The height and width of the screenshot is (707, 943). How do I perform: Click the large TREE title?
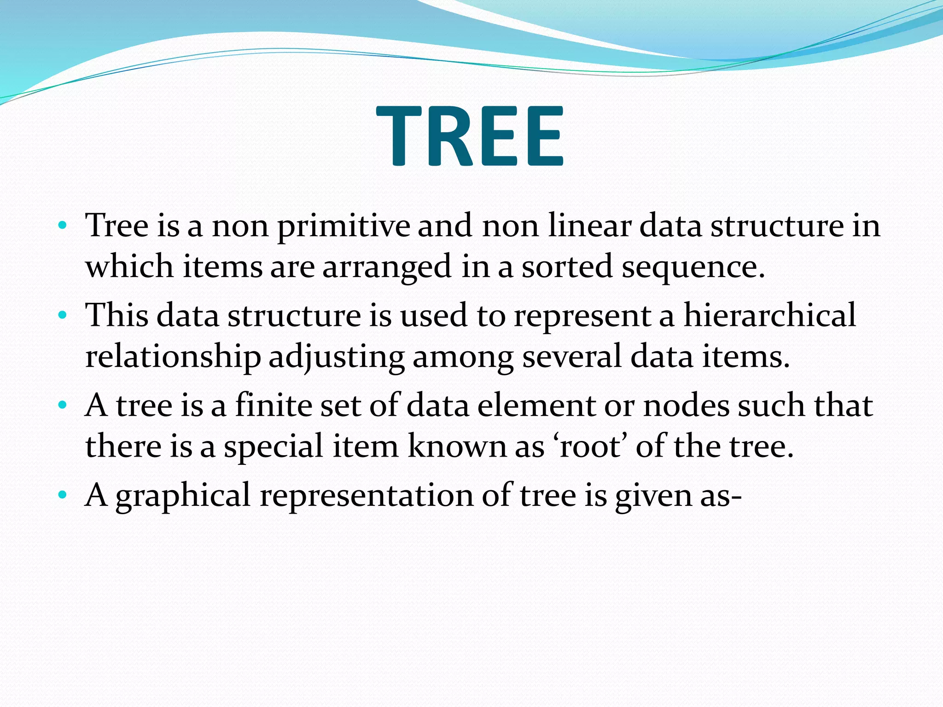471,136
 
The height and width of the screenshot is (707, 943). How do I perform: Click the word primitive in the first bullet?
343,226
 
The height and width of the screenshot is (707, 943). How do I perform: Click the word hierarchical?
769,316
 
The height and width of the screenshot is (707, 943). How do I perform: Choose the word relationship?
173,357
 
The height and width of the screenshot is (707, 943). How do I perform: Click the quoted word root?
588,447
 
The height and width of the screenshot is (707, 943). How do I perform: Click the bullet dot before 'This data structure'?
63,316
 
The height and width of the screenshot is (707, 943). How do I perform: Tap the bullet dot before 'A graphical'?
63,496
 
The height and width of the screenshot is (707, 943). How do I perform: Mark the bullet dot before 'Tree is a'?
63,226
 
